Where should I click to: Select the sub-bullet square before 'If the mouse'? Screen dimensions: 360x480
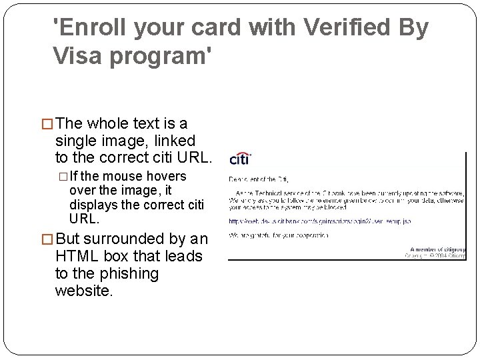[x=64, y=177]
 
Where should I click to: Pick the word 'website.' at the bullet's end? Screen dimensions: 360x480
[x=85, y=291]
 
